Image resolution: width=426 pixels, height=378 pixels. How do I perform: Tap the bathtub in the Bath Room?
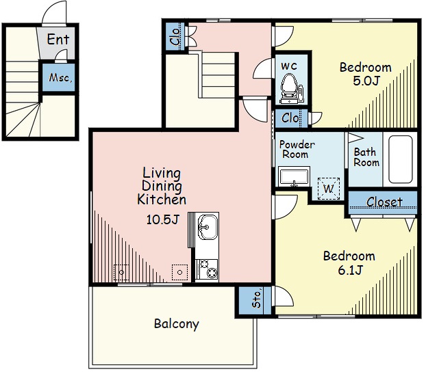coord(400,159)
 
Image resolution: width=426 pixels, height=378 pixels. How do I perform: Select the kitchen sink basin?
coord(208,227)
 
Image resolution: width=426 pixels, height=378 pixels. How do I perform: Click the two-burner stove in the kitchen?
coord(207,270)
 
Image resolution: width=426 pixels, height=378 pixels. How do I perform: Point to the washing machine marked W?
coord(329,189)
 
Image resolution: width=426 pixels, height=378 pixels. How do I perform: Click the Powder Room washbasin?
coord(295,177)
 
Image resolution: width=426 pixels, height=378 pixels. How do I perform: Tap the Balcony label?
coord(177,324)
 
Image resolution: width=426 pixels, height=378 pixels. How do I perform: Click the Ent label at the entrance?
coord(58,40)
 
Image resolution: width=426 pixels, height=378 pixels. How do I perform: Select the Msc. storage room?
coord(59,78)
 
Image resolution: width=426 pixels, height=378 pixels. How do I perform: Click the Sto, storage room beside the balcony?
coord(255,300)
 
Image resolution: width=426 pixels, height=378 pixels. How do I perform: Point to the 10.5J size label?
coord(162,219)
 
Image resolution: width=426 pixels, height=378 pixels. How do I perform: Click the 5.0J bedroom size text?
coord(366,81)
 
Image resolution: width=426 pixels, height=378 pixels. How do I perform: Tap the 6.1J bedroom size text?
coord(351,270)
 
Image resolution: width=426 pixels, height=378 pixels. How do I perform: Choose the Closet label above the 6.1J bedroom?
coord(384,202)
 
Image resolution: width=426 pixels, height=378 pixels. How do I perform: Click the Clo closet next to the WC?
coord(291,118)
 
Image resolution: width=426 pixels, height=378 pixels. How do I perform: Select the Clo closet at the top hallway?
coord(175,36)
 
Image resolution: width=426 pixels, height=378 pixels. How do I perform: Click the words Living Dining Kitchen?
coord(162,186)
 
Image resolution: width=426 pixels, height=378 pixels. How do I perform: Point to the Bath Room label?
coord(366,157)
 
